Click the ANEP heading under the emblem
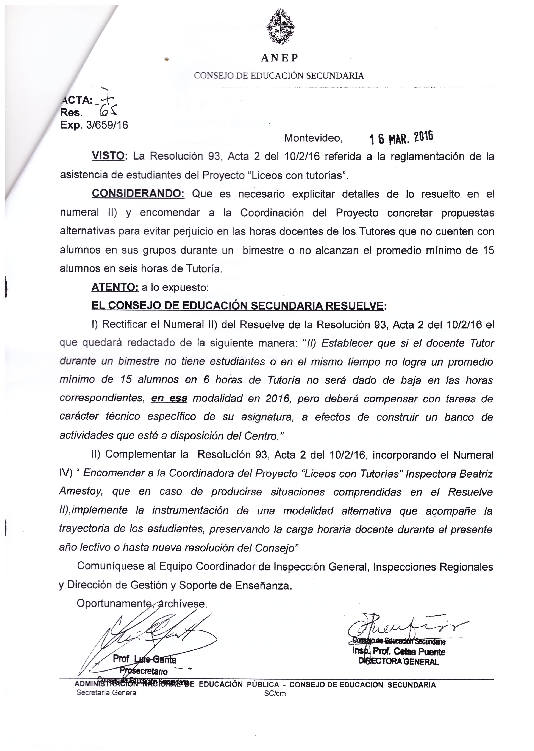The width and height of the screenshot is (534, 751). click(x=279, y=58)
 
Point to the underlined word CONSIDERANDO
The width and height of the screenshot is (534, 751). click(x=138, y=194)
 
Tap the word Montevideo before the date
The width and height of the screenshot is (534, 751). click(x=313, y=138)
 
